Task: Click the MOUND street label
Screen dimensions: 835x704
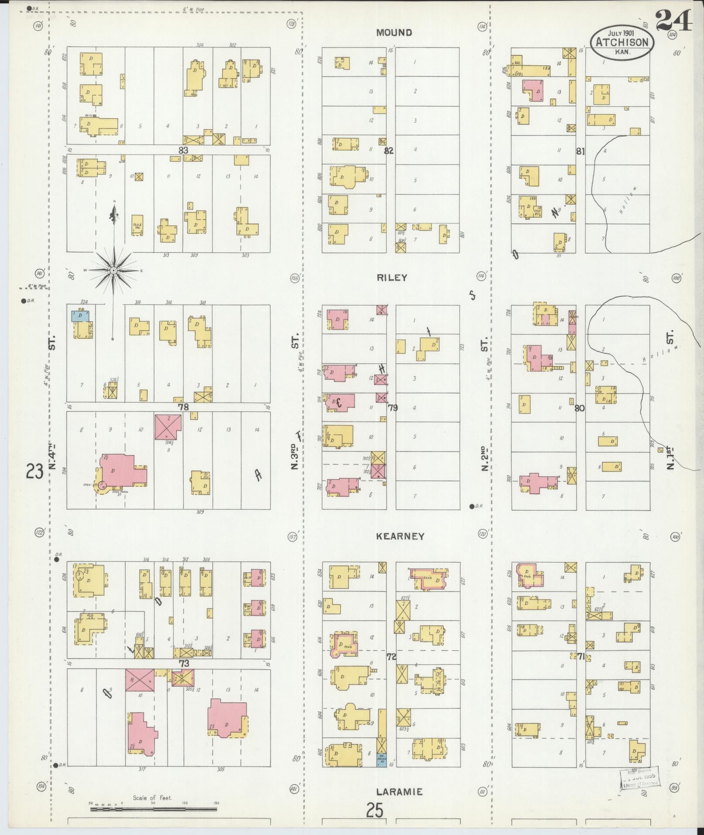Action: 394,33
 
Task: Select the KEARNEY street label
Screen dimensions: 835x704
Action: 400,536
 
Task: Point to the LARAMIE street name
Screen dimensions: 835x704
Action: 400,792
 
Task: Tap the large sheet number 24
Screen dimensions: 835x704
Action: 673,21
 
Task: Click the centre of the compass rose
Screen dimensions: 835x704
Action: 113,271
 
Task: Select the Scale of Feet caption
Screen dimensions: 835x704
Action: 153,798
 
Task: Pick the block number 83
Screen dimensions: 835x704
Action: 183,150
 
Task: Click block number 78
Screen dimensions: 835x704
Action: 183,407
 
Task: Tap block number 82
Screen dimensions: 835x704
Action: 388,151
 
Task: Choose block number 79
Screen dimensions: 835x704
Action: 393,408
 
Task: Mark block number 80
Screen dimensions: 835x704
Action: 580,409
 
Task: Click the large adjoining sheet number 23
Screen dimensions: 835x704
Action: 34,471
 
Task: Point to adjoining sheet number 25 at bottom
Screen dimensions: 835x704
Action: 374,811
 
